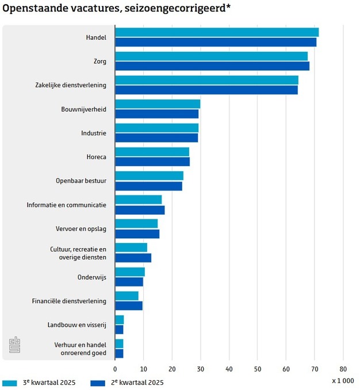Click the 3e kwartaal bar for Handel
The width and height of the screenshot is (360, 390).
pos(217,32)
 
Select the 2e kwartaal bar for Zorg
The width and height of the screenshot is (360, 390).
pos(212,66)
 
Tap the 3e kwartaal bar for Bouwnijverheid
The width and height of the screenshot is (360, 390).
pos(158,104)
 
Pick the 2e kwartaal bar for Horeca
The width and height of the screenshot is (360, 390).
pos(152,162)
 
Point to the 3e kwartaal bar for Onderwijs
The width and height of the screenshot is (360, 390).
pos(130,272)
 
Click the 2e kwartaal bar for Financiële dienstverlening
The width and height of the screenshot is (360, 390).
pos(129,306)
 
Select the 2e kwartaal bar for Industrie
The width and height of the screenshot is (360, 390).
pos(156,138)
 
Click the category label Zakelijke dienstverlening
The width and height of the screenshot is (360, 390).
pos(71,86)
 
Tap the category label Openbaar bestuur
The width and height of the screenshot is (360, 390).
pos(81,181)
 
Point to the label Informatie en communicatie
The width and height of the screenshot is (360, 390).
pos(66,204)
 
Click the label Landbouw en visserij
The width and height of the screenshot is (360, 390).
pos(76,325)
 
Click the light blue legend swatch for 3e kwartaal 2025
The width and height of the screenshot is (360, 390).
pos(10,383)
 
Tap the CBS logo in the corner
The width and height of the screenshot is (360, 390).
pos(14,346)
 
